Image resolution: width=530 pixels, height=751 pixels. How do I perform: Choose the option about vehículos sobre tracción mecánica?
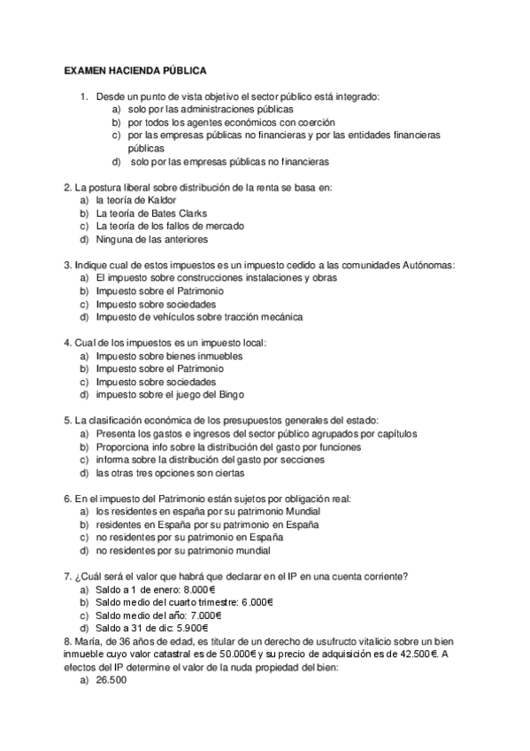coord(199,316)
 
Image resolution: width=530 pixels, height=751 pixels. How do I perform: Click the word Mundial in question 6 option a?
coord(303,511)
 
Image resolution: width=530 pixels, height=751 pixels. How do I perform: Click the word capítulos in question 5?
coord(392,433)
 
